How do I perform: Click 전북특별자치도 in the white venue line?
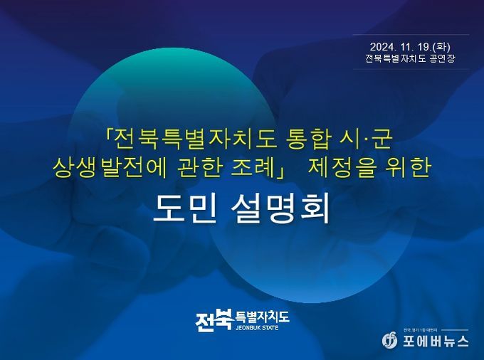(x=396, y=58)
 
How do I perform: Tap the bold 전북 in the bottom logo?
(x=214, y=320)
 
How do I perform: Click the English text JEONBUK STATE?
(x=257, y=327)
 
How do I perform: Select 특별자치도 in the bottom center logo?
(x=263, y=317)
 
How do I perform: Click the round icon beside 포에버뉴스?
(x=390, y=340)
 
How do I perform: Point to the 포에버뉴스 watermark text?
(x=435, y=342)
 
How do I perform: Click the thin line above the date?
(x=411, y=35)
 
